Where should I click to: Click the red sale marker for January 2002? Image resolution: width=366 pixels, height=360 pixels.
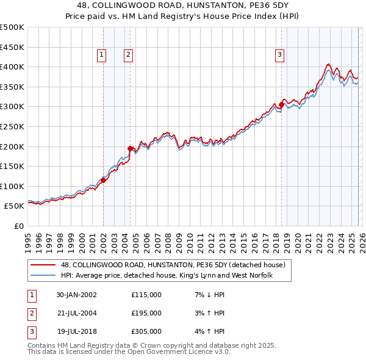pos(104,180)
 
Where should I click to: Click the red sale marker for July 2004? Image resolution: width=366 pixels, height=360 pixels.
pos(130,148)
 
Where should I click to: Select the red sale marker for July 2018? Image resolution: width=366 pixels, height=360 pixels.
pos(281,104)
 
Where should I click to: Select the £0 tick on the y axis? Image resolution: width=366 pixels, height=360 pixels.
pos(18,226)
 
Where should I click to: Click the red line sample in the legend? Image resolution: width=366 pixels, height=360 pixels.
pos(43,265)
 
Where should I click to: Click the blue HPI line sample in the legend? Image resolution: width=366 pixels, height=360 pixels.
pos(43,276)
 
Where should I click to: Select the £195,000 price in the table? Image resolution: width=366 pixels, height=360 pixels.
pos(146,313)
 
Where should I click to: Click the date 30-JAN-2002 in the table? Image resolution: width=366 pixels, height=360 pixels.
pos(76,295)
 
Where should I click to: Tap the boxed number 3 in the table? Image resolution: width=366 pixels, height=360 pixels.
pos(31,331)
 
